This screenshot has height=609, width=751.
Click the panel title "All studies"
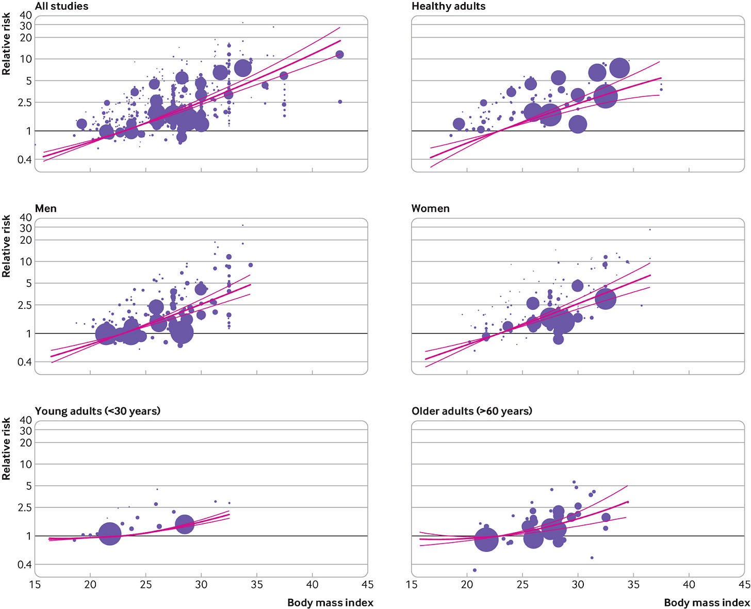click(61, 6)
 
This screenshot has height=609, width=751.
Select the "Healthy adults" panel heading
click(448, 6)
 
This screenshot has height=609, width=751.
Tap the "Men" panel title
click(45, 208)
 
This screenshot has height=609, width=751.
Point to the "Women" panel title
click(430, 208)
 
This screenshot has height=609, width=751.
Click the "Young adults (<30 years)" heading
click(97, 411)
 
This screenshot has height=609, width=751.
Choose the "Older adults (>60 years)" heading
click(471, 411)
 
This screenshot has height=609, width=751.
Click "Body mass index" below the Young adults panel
click(330, 602)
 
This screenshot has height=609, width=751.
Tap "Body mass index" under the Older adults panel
click(707, 602)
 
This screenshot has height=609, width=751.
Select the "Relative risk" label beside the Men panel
click(6, 246)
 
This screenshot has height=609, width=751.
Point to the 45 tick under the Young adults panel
click(367, 585)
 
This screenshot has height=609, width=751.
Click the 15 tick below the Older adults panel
click(412, 585)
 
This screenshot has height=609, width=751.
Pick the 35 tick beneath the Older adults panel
click(633, 585)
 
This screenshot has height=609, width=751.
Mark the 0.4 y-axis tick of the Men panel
click(24, 362)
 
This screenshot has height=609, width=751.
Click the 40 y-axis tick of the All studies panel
click(26, 15)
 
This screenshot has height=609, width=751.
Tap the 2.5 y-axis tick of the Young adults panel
click(24, 507)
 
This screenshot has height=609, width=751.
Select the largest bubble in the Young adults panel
click(109, 534)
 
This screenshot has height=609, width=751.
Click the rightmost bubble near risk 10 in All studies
click(339, 55)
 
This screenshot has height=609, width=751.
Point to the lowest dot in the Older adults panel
click(475, 570)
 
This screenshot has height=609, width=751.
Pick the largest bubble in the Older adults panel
click(486, 539)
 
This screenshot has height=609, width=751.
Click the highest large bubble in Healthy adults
click(619, 68)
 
